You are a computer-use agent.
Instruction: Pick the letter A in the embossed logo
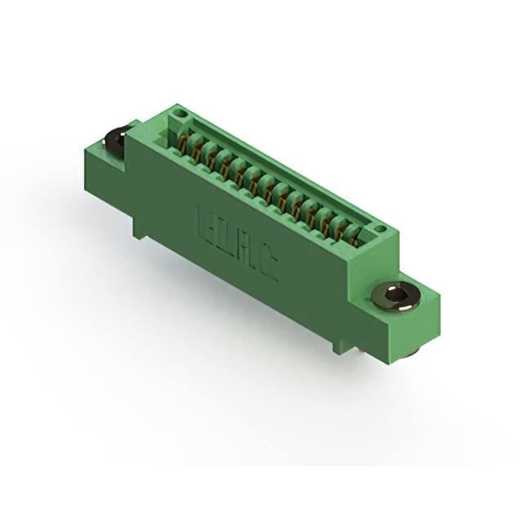pyautogui.click(x=248, y=252)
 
